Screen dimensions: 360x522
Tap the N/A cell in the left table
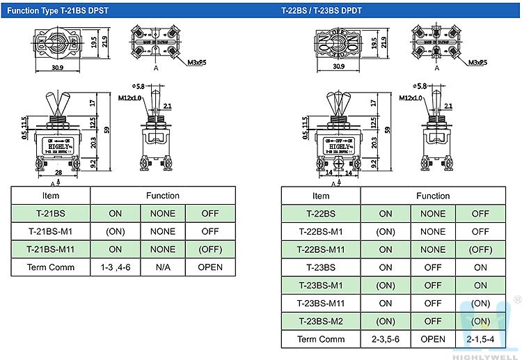(x=162, y=267)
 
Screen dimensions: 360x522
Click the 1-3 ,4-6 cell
(x=115, y=267)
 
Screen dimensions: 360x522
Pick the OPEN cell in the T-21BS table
(x=210, y=267)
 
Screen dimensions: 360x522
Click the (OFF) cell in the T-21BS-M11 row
(x=210, y=249)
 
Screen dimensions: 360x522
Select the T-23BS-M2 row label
(x=321, y=321)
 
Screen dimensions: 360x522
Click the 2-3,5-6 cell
(x=386, y=339)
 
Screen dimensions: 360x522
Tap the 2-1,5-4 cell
(x=480, y=339)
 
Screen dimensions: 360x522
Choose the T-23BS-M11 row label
(x=321, y=304)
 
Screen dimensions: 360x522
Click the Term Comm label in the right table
(x=321, y=339)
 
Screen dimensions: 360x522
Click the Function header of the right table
(x=433, y=196)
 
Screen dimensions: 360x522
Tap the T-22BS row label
(x=321, y=214)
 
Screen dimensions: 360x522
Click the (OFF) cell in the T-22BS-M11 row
(x=480, y=249)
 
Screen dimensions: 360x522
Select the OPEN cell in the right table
(x=433, y=339)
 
